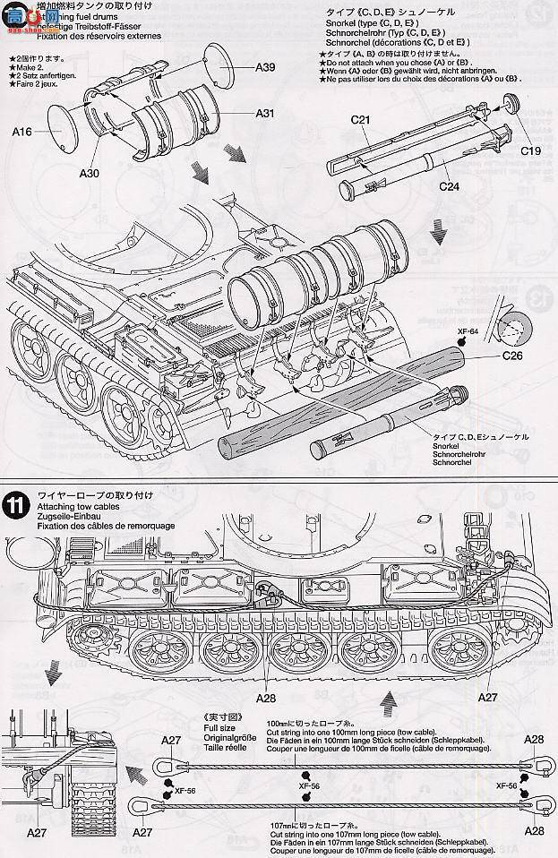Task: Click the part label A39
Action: coord(266,67)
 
